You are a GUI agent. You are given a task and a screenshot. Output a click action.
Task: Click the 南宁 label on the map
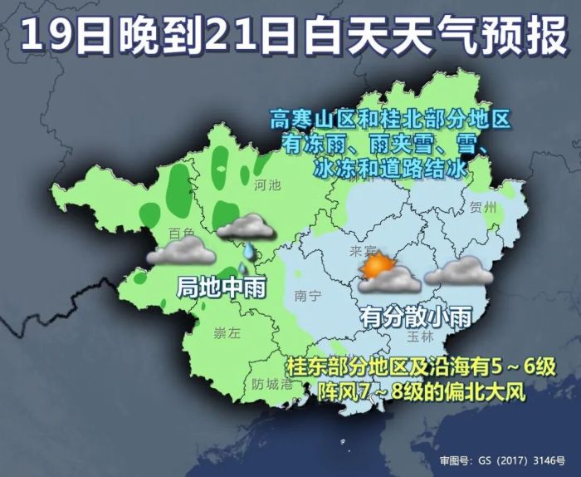coord(308,295)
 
